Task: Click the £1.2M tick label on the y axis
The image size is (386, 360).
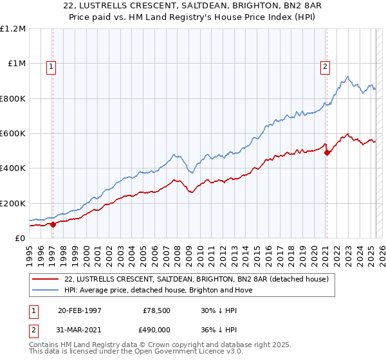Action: pyautogui.click(x=13, y=29)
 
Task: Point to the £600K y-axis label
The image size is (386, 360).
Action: pyautogui.click(x=13, y=134)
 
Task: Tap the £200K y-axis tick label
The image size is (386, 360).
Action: pyautogui.click(x=13, y=203)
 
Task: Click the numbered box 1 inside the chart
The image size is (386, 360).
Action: pyautogui.click(x=51, y=65)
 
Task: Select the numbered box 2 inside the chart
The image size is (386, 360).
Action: pyautogui.click(x=326, y=65)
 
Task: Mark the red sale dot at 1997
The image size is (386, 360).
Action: pyautogui.click(x=53, y=224)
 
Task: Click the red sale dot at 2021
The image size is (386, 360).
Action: pyautogui.click(x=327, y=153)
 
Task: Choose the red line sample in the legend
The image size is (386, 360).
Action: pyautogui.click(x=46, y=279)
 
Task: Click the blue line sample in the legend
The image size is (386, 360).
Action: pyautogui.click(x=46, y=290)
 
